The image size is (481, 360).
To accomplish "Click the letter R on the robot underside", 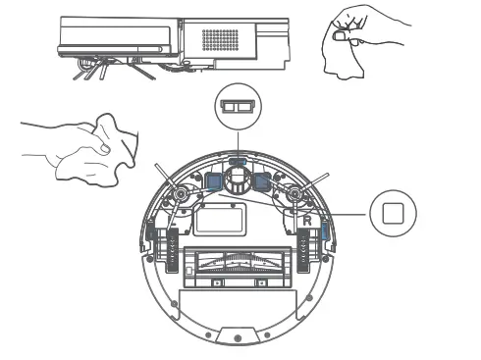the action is (x=306, y=222).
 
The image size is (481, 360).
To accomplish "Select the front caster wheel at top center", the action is (x=236, y=181).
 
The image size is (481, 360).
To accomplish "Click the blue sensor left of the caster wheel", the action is (x=211, y=181).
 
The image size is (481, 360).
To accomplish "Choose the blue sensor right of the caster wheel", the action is (x=261, y=181).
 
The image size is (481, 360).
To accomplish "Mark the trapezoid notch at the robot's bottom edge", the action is (x=236, y=335).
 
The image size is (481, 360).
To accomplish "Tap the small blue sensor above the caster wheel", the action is (x=236, y=159).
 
